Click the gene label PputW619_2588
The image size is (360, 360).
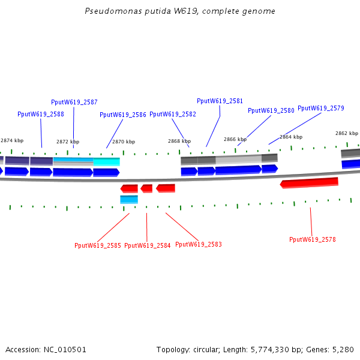(41, 114)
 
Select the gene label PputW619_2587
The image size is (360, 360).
(74, 103)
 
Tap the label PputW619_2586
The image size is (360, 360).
(123, 115)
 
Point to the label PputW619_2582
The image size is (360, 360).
(173, 114)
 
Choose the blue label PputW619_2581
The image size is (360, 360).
(220, 101)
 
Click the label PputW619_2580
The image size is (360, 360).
(271, 110)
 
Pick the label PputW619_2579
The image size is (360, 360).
(321, 108)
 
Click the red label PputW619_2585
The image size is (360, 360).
(98, 245)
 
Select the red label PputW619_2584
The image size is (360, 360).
(148, 245)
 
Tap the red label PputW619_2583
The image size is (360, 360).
(199, 244)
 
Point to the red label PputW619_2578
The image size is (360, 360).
(313, 239)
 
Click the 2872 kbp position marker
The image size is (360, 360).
(68, 142)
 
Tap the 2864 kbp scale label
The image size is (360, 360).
(291, 137)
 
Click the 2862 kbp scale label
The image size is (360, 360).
(347, 133)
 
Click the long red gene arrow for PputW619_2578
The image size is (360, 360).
(310, 182)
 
